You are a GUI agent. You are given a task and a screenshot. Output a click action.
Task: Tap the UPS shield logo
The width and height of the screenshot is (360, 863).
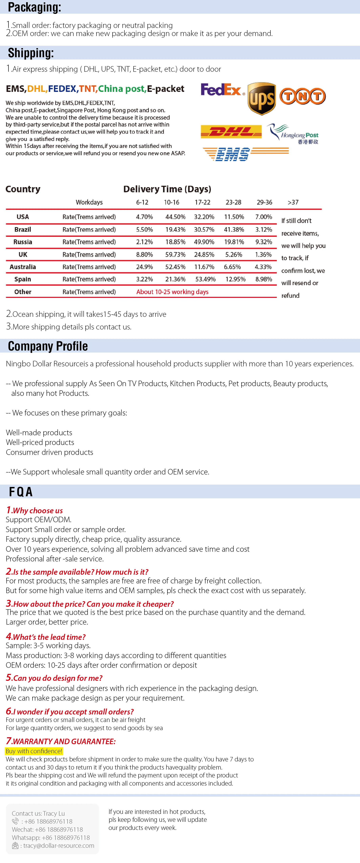(262, 98)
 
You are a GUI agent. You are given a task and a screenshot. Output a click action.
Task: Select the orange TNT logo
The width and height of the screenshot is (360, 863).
(302, 96)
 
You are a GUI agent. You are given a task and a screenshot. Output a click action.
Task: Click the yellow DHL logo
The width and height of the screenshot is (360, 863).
(231, 132)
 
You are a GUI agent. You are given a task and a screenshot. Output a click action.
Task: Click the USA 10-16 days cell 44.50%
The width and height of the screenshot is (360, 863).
(175, 217)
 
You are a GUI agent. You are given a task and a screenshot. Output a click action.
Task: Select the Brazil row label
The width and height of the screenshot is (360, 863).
(23, 230)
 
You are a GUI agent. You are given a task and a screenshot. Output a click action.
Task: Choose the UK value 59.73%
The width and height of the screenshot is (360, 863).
(175, 255)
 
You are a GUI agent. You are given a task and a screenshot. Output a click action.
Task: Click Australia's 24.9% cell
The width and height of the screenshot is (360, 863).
(144, 267)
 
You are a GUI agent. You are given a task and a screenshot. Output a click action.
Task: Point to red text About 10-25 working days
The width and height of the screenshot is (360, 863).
(172, 292)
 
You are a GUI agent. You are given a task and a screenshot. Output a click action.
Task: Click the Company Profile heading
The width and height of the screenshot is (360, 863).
(48, 346)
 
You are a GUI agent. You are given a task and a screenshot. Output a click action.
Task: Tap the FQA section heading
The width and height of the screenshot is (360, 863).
(21, 492)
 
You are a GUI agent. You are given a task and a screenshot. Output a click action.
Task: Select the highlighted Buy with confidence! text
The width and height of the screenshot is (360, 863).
(34, 751)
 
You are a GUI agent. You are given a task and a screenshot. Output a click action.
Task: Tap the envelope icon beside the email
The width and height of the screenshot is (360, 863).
(15, 846)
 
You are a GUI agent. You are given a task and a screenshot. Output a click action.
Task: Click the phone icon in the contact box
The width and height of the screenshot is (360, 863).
(15, 821)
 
